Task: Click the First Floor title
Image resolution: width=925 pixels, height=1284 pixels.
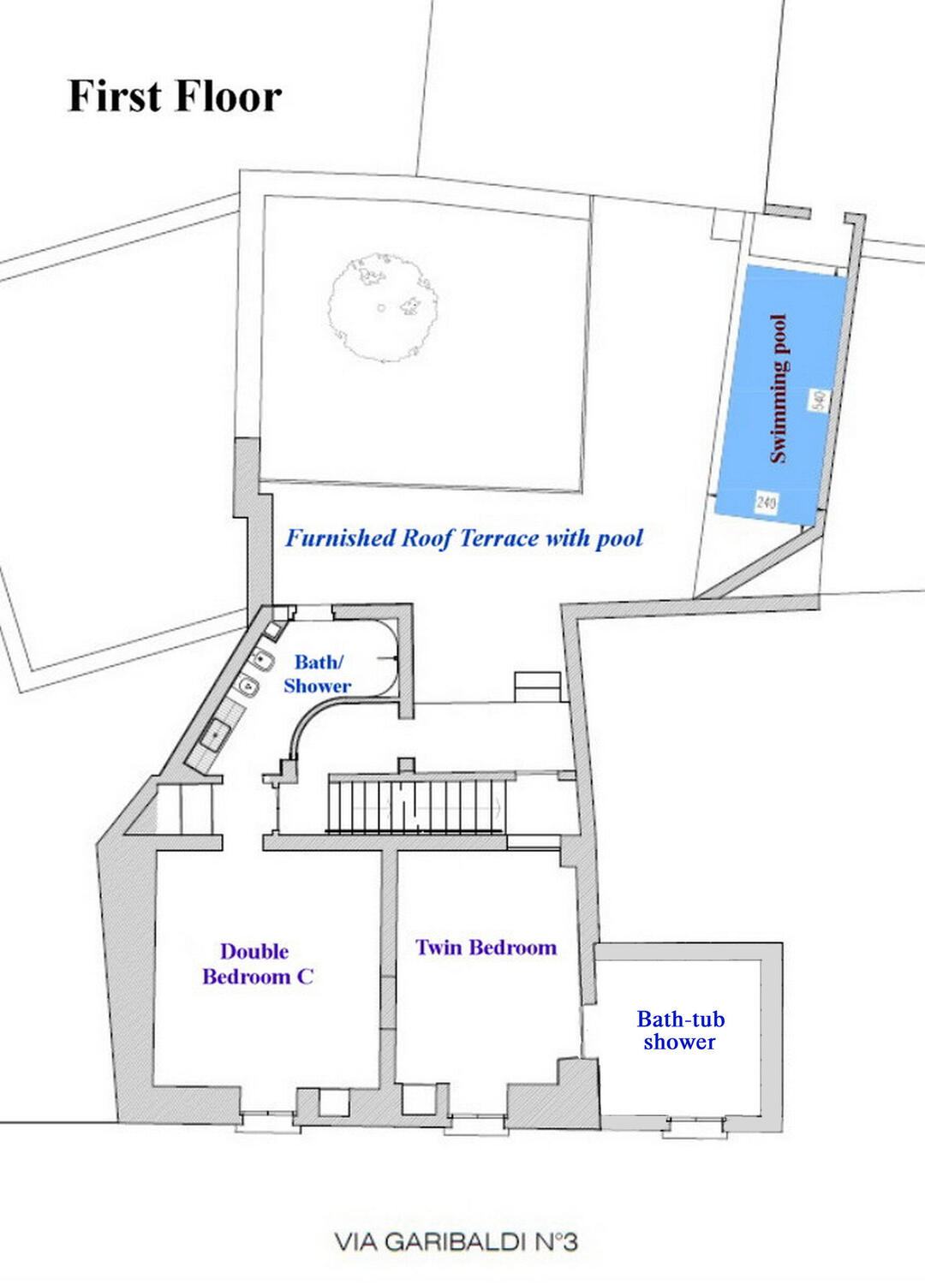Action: click(175, 96)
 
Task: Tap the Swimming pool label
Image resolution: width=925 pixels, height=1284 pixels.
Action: click(779, 389)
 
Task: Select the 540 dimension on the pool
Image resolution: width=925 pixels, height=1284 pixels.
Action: click(819, 400)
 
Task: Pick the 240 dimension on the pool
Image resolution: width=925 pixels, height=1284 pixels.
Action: click(767, 502)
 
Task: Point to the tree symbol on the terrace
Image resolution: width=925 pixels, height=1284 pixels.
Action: click(383, 308)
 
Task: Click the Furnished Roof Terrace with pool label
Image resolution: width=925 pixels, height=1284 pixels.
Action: click(464, 538)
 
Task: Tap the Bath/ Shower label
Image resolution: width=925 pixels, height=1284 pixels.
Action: click(317, 674)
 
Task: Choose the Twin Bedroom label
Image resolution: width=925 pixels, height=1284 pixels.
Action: click(486, 947)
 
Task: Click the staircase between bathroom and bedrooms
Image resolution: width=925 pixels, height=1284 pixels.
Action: click(415, 804)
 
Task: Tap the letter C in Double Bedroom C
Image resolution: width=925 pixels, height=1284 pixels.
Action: click(305, 976)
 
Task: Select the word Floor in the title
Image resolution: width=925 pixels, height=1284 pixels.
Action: click(228, 96)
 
